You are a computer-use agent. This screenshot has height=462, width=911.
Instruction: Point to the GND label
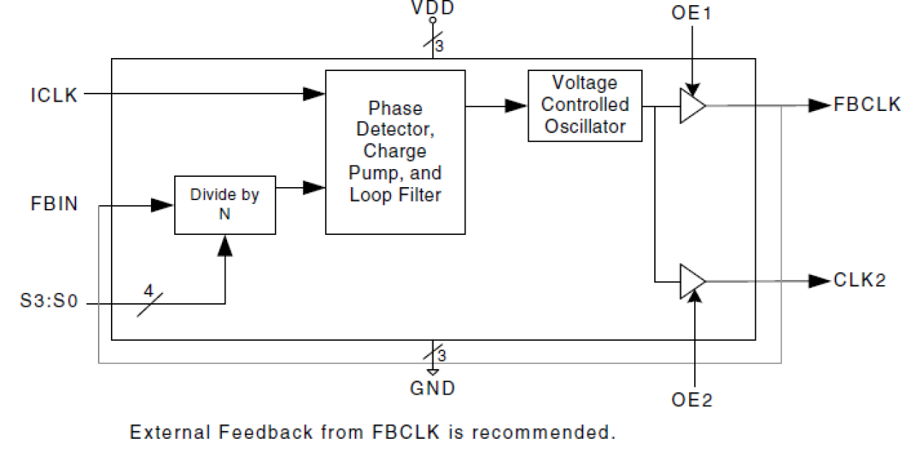click(433, 389)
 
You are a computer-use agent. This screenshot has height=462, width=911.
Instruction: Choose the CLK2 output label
click(859, 281)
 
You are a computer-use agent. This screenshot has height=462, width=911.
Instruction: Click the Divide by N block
click(225, 205)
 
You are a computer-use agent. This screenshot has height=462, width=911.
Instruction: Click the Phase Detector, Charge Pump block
click(395, 152)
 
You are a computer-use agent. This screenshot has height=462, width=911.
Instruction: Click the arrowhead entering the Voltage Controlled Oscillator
click(516, 106)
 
